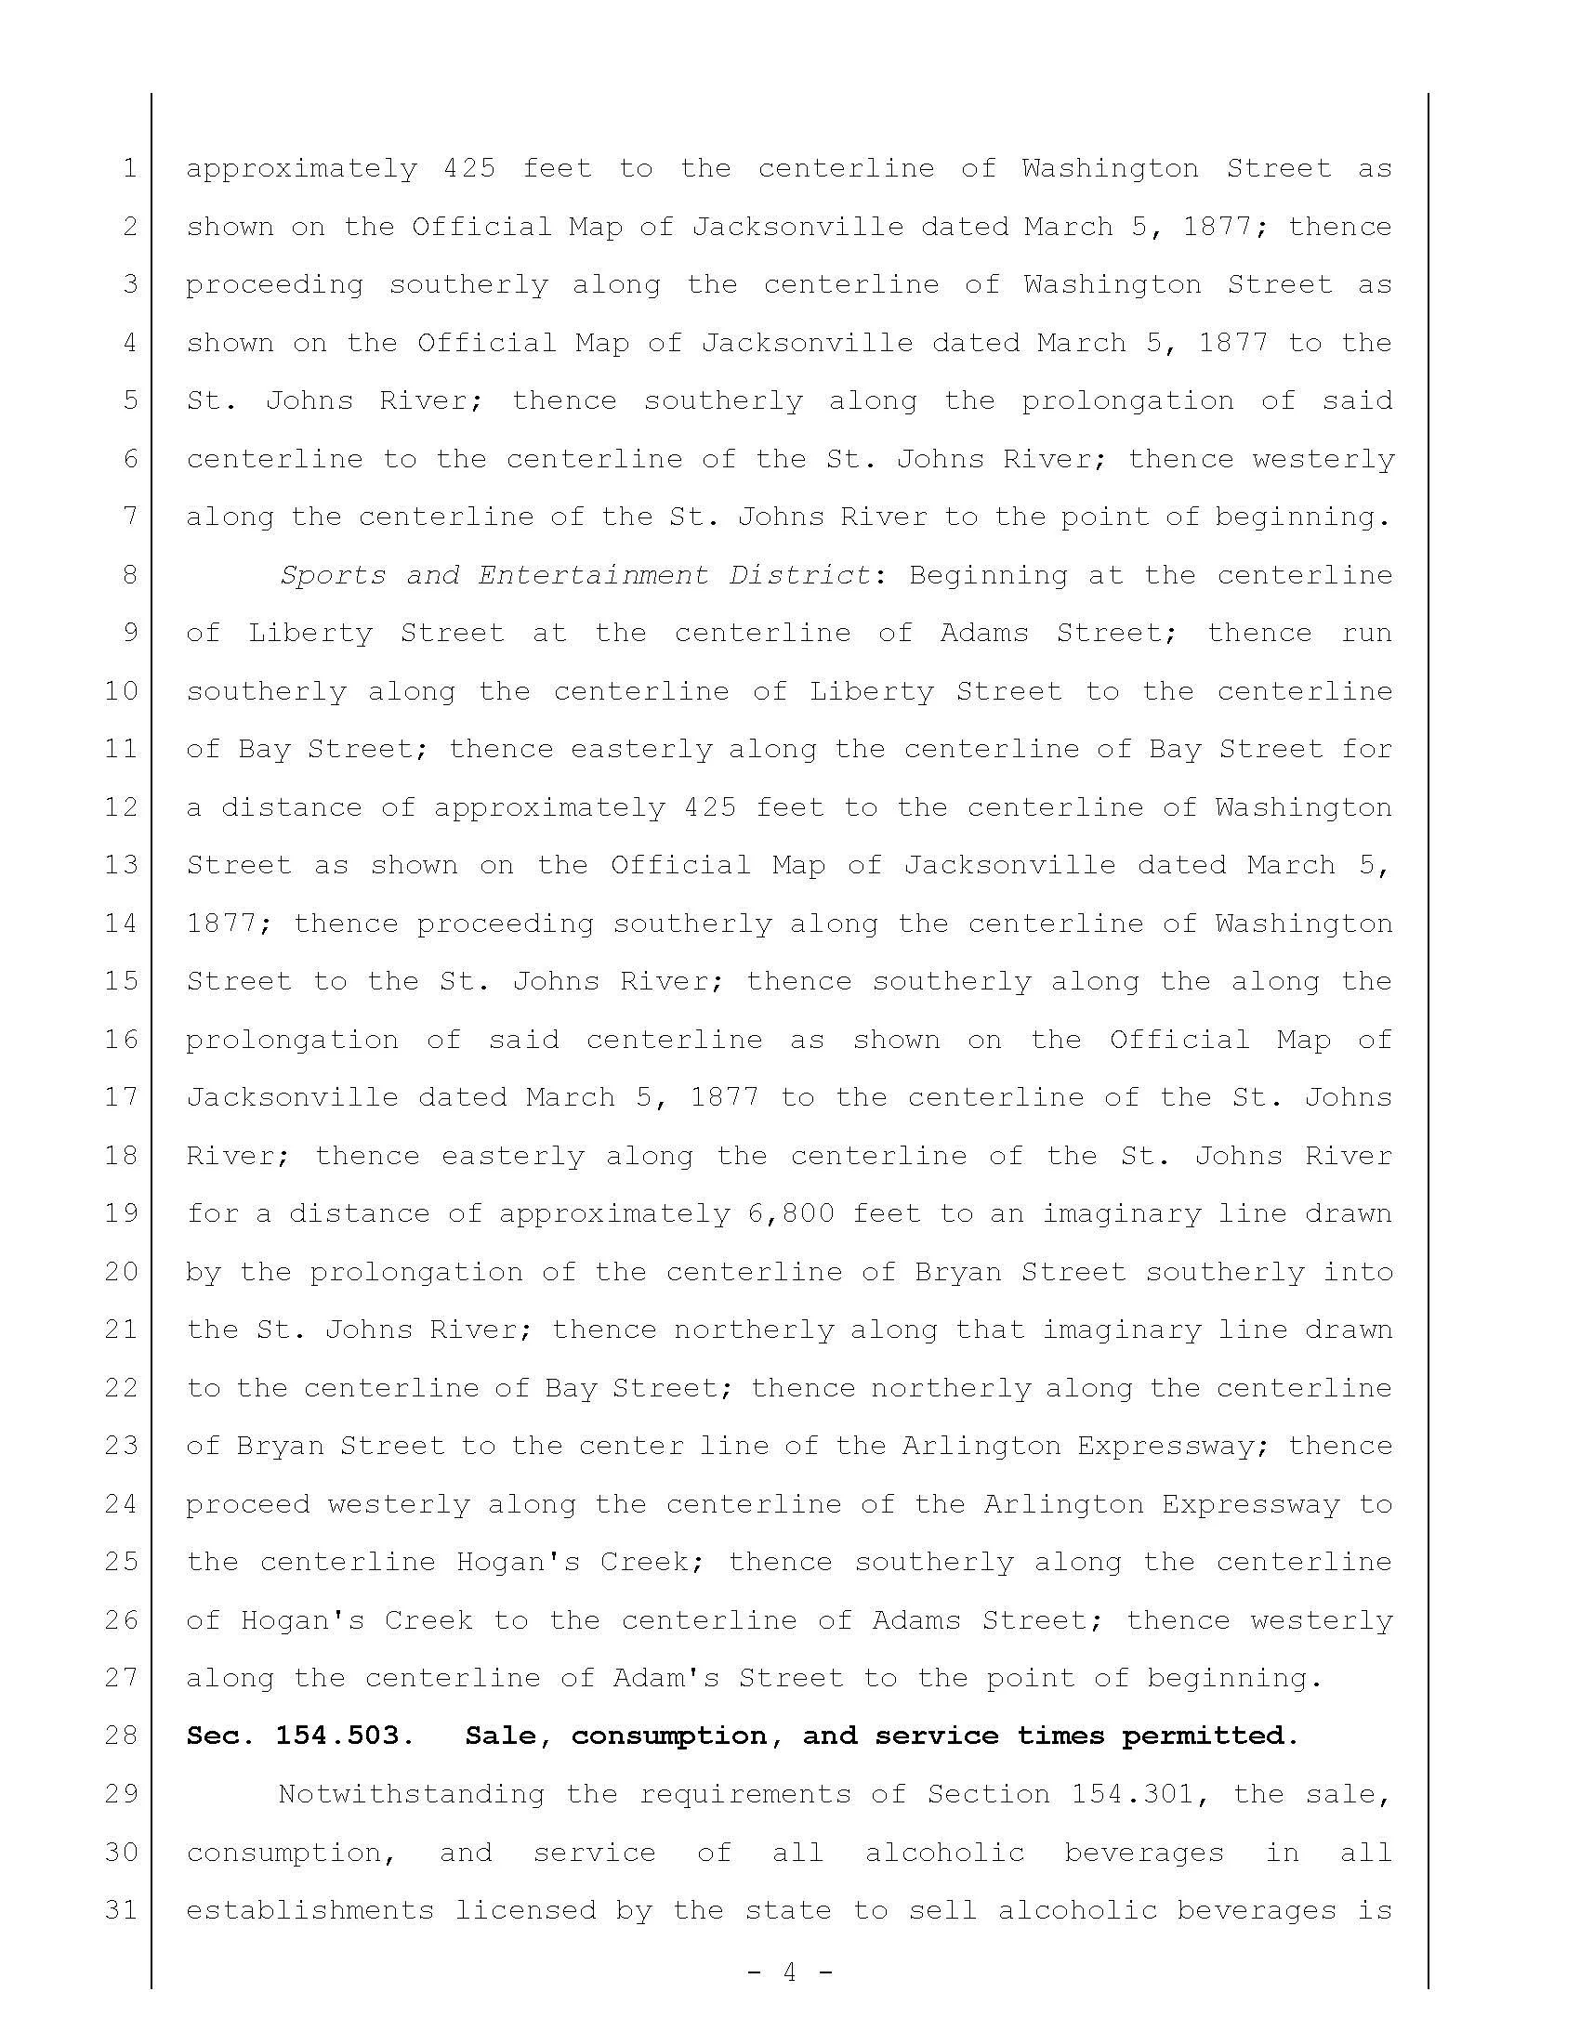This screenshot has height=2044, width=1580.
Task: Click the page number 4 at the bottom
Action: tap(789, 1972)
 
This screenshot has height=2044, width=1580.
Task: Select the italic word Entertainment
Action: tap(594, 574)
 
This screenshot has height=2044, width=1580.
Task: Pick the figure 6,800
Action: tap(791, 1214)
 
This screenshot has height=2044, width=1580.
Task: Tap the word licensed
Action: tap(525, 1910)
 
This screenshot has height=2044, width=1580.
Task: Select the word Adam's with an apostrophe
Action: tap(666, 1678)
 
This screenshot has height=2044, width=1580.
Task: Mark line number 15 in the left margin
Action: tap(122, 981)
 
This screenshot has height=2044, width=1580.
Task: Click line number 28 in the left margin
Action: tap(122, 1736)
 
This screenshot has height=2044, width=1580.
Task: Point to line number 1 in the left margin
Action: tap(129, 168)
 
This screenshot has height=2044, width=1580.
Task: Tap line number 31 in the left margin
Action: tap(122, 1910)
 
